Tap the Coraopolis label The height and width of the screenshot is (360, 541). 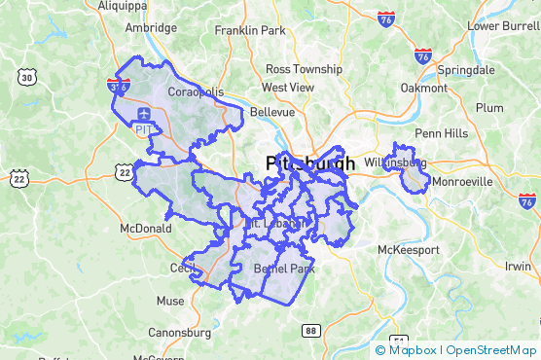click(196, 91)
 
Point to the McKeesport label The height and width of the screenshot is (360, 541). click(409, 250)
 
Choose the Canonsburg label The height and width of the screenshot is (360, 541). click(179, 333)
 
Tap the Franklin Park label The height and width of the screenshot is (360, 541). click(250, 30)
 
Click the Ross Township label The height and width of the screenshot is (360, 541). click(304, 69)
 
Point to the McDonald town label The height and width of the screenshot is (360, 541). click(145, 229)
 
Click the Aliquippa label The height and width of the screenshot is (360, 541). click(122, 5)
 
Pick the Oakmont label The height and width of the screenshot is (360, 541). click(424, 88)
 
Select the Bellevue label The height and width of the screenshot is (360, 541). click(272, 112)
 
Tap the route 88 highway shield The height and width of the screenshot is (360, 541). click(310, 331)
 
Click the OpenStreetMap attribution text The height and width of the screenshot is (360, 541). click(490, 350)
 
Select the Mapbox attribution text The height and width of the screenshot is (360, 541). click(410, 350)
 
